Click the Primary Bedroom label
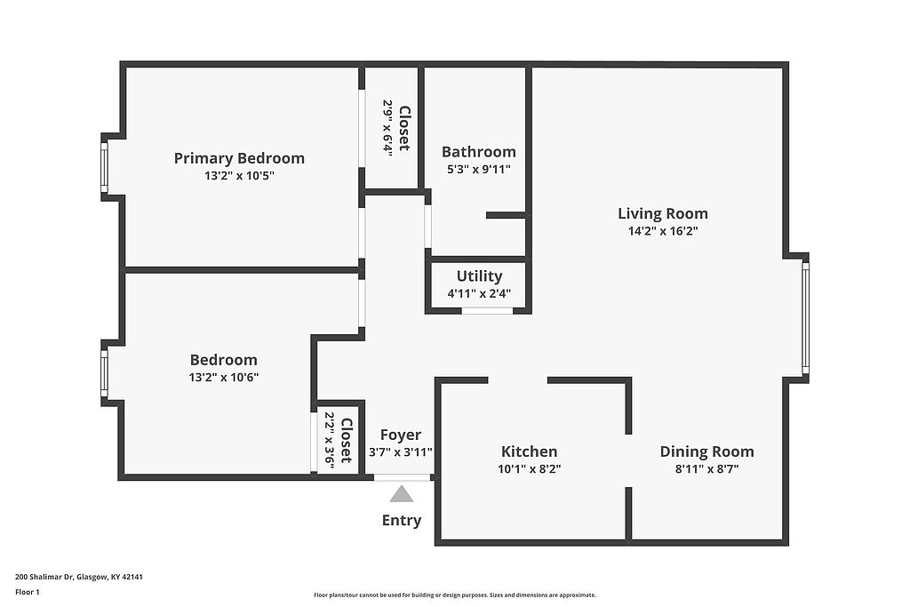pos(239,158)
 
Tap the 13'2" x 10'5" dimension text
pos(239,176)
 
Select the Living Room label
pos(663,213)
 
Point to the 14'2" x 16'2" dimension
pos(663,231)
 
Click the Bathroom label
pos(479,152)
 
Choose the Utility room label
pos(479,276)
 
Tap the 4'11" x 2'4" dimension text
pos(479,293)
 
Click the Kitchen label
pos(530,451)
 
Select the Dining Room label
pos(706,451)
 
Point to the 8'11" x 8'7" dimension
pos(706,469)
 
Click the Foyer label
pos(401,435)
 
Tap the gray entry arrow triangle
pos(402,494)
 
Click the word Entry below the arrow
pos(402,521)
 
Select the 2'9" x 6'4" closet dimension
pos(387,125)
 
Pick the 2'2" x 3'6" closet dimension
pos(330,439)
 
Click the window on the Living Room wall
pos(805,318)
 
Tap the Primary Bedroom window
pos(105,167)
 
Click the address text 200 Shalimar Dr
pos(44,577)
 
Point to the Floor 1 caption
pos(28,592)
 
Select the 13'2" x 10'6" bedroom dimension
pos(223,378)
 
